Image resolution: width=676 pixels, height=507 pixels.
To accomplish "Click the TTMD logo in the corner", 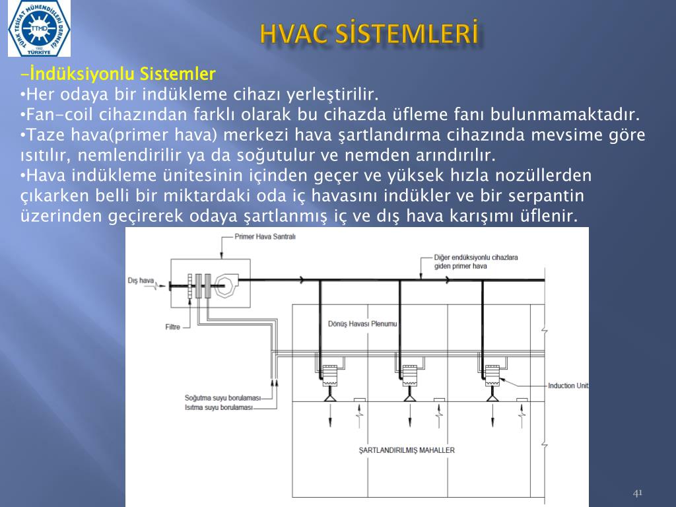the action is (39, 28).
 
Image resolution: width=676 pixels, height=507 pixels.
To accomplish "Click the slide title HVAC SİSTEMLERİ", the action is (370, 34).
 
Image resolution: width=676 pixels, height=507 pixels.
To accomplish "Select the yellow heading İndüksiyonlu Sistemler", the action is (118, 74).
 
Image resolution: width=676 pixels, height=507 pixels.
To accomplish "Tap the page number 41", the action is (638, 492).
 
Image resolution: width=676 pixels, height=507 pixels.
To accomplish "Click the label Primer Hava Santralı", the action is (265, 237).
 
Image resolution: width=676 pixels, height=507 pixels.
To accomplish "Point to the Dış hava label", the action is (141, 281).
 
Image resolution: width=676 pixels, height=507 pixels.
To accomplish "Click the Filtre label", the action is (172, 327).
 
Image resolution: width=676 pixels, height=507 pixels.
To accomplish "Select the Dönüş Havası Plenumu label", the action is (362, 323).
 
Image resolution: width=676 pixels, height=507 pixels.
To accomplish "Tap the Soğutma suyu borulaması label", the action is (223, 398).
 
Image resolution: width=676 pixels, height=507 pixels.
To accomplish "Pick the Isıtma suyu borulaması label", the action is (219, 407).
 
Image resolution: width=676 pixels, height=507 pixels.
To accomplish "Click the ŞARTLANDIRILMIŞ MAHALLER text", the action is (407, 450).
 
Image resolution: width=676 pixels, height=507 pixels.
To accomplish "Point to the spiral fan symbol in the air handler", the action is (226, 285).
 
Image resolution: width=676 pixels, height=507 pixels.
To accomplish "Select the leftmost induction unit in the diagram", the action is (330, 376).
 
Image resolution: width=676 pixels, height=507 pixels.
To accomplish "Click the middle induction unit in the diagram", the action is (409, 376).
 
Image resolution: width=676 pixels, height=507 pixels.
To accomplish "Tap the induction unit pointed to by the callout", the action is (492, 376).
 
